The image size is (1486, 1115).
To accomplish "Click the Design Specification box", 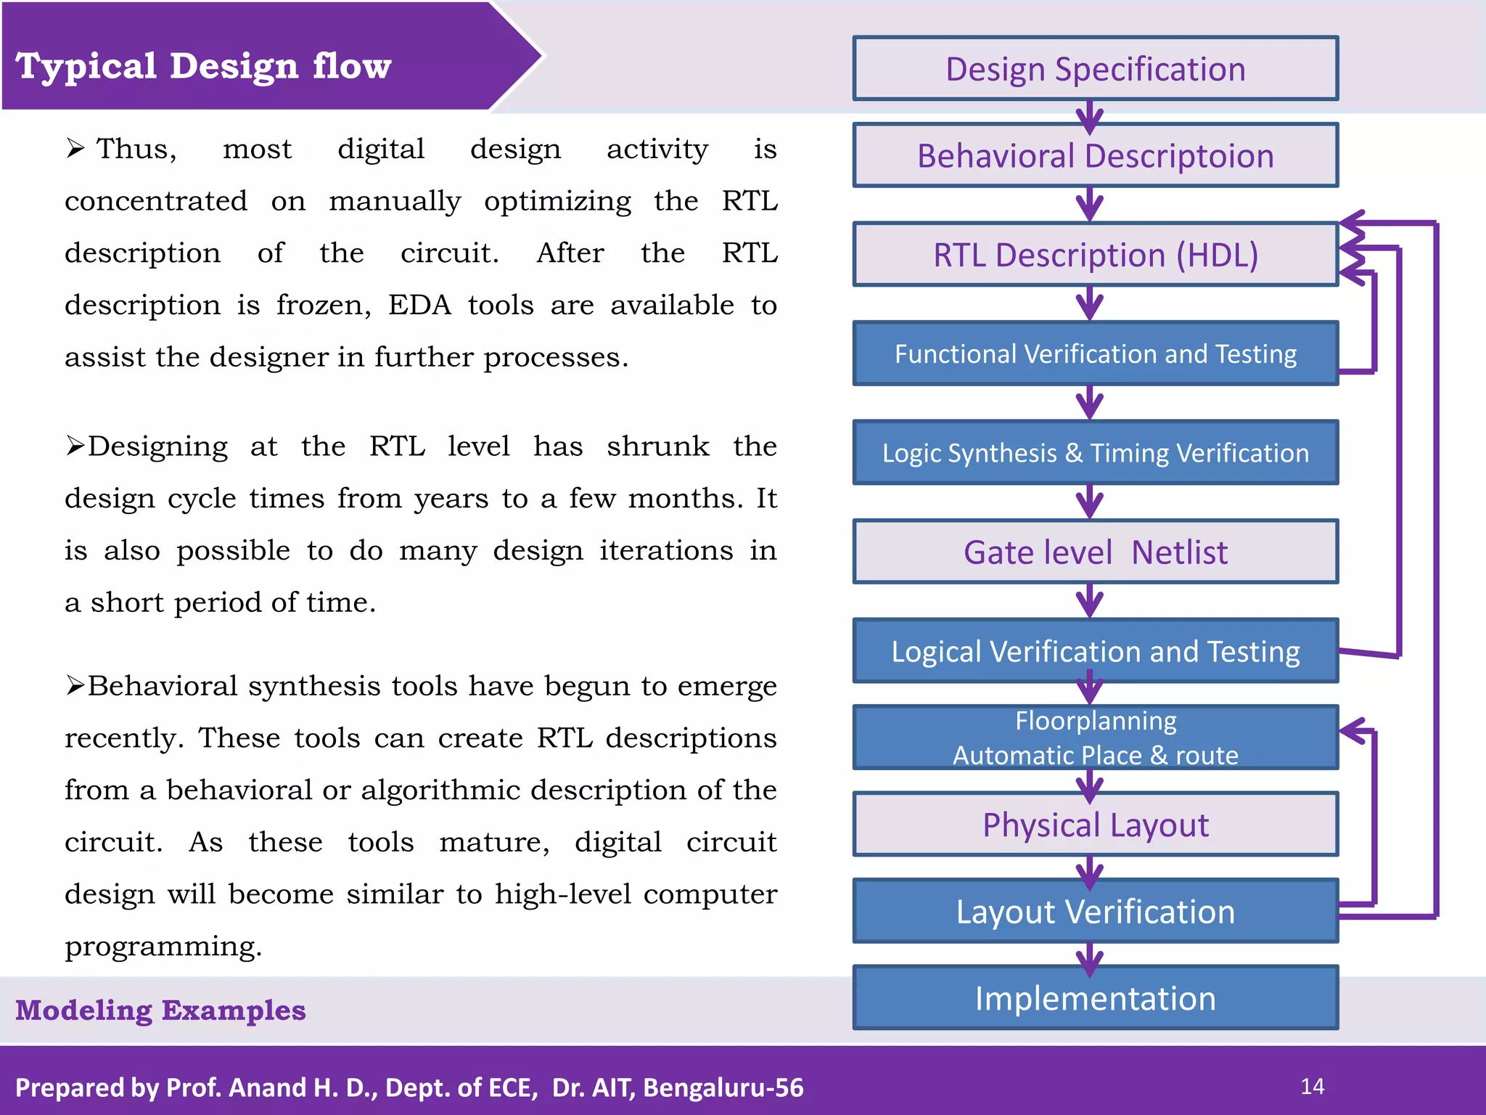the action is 1096,69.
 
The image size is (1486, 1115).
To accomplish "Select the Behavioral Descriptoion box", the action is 1096,156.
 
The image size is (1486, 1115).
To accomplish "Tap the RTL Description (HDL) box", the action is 1096,255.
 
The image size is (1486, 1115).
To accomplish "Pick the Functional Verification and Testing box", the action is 1096,354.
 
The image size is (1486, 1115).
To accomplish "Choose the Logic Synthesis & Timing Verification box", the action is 1096,453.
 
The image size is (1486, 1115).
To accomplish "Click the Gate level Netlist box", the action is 1096,552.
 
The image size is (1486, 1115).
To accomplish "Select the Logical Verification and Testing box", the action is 1096,651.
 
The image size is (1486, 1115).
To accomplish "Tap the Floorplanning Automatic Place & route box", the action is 1096,738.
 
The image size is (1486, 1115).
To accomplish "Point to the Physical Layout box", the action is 1096,825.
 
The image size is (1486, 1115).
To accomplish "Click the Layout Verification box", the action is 1096,912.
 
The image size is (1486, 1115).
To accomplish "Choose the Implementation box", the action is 1096,998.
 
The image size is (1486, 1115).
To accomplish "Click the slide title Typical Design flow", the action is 203,66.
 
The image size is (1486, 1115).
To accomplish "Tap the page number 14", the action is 1312,1087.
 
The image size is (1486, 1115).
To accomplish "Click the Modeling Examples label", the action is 160,1010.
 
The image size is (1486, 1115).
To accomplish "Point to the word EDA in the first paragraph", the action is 419,305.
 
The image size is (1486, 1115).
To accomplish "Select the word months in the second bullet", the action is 685,499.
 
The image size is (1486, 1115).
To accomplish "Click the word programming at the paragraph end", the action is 163,947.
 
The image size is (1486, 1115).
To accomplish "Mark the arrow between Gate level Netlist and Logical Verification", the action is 1090,601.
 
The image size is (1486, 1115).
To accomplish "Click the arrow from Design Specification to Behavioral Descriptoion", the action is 1090,115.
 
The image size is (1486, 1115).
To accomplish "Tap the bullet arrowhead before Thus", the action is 75,149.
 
